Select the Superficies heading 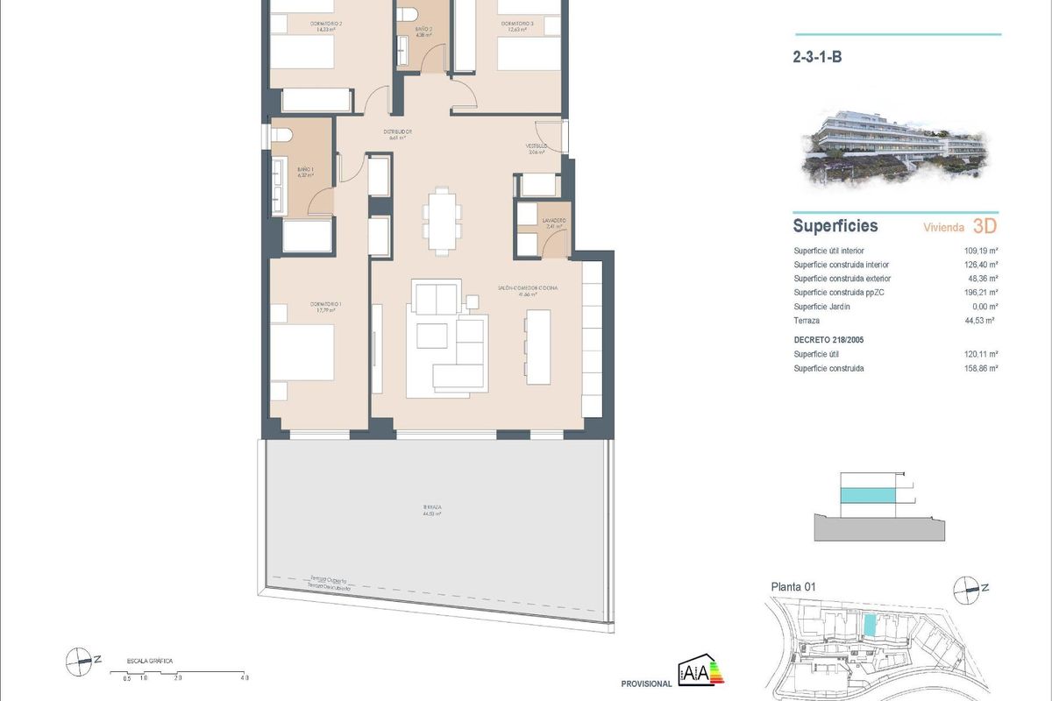(x=835, y=226)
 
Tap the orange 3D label (x=985, y=226)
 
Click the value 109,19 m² (x=981, y=251)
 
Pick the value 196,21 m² (x=981, y=293)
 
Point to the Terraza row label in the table (x=808, y=322)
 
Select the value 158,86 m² (x=981, y=369)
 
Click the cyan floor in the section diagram (x=868, y=496)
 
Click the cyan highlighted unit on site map (x=870, y=625)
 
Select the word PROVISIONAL (x=645, y=684)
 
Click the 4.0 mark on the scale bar (x=245, y=678)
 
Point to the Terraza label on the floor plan (x=431, y=508)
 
